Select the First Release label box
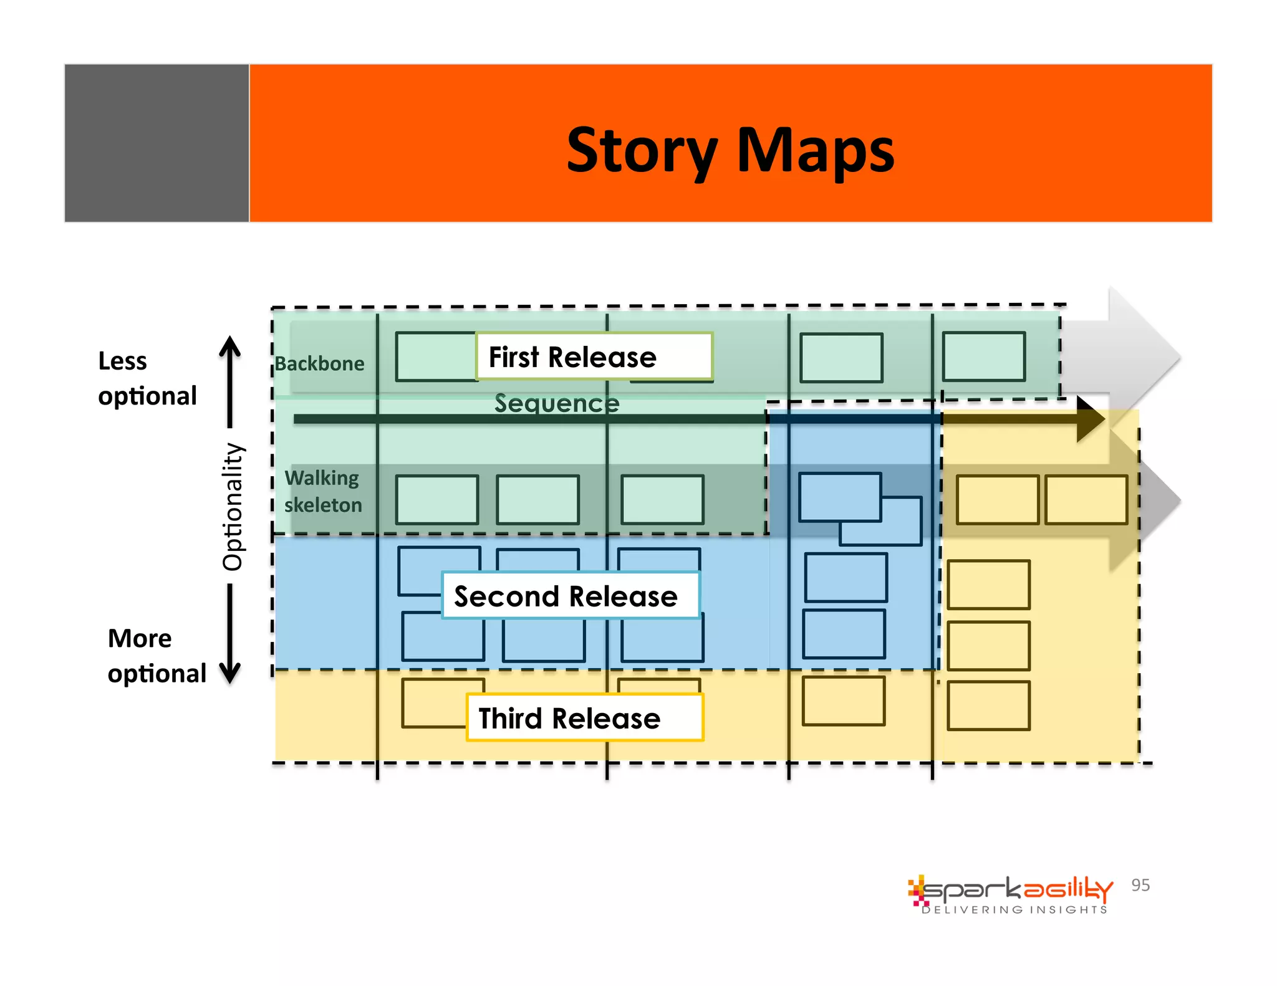click(x=594, y=357)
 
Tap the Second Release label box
click(x=570, y=596)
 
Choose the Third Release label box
click(x=584, y=717)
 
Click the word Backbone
click(x=319, y=363)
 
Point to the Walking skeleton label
click(x=323, y=491)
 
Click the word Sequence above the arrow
click(x=557, y=403)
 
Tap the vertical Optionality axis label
click(x=233, y=506)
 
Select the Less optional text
click(x=147, y=378)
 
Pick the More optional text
click(x=156, y=656)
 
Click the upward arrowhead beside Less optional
click(x=230, y=345)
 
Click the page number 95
click(x=1140, y=885)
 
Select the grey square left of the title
click(x=157, y=143)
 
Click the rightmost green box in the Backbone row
click(x=983, y=357)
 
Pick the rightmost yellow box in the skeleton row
click(x=1086, y=500)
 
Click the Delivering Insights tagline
click(x=1014, y=910)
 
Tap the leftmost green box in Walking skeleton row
click(x=436, y=500)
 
